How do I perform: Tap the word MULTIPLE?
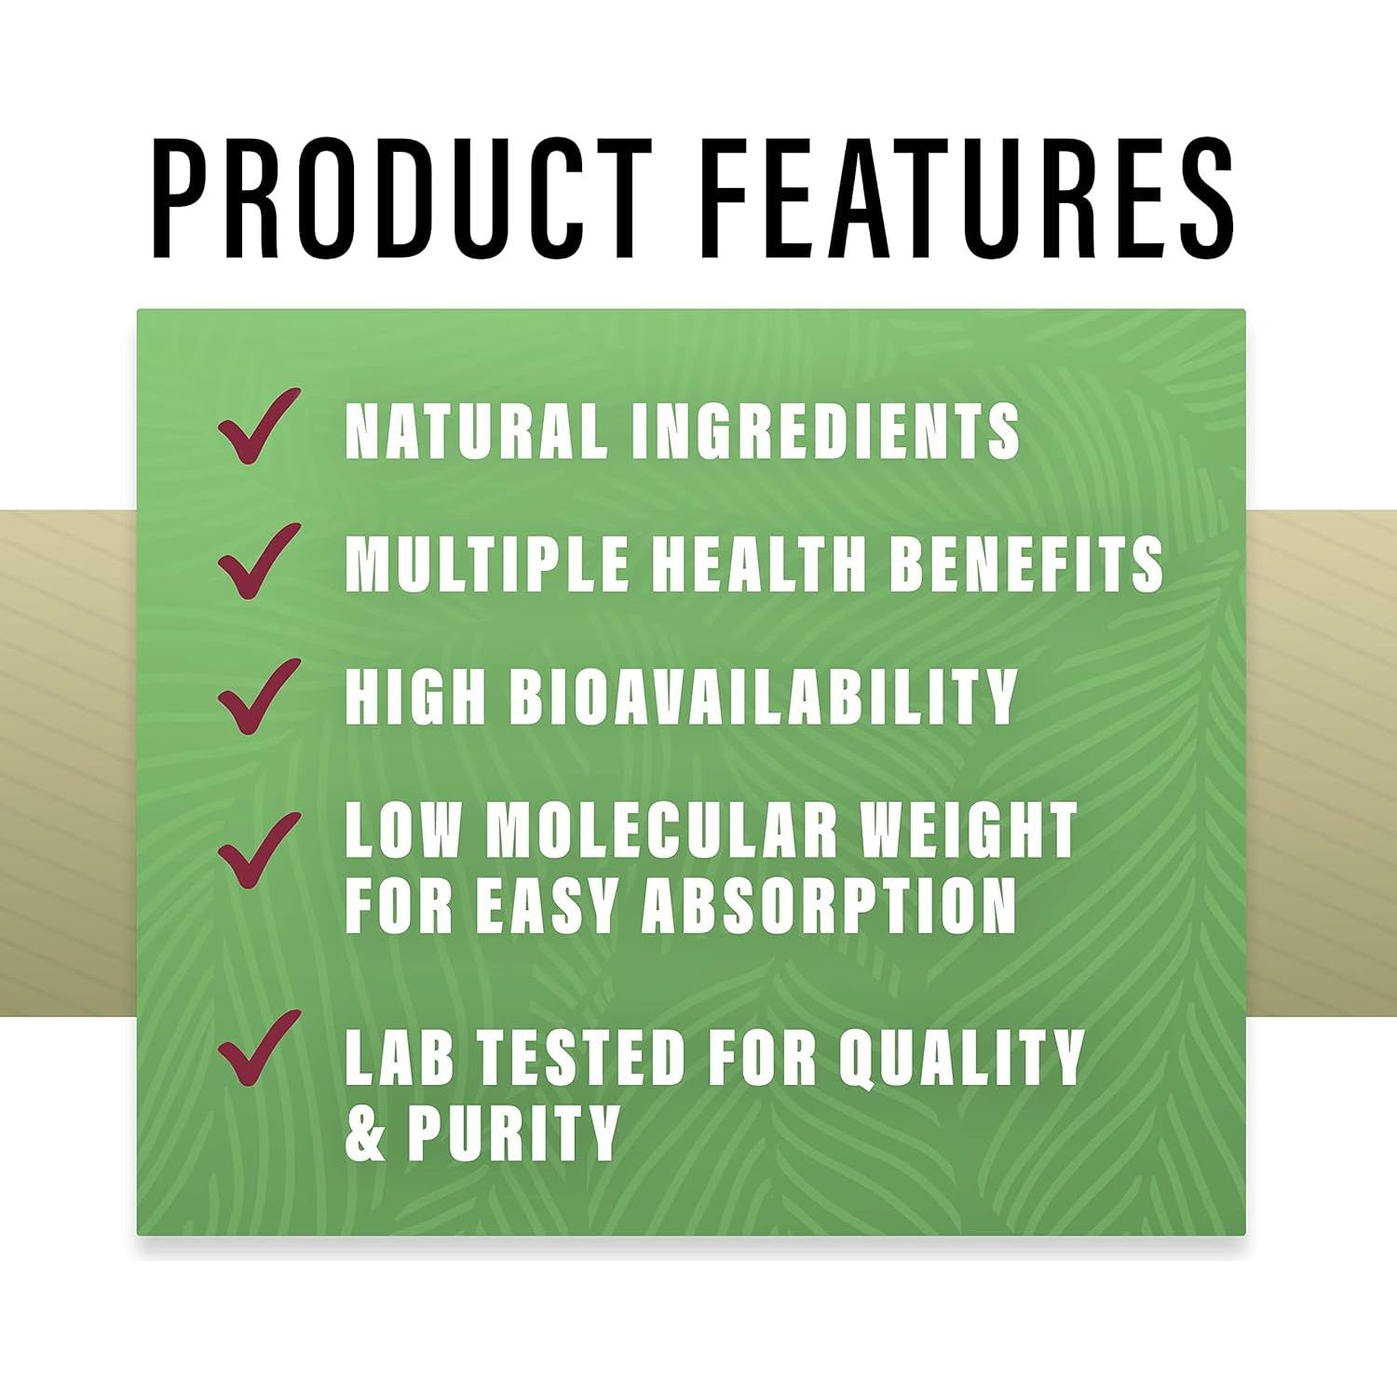[486, 563]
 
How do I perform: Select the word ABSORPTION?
[828, 904]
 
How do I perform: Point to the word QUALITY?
[961, 1057]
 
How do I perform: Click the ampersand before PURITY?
[365, 1133]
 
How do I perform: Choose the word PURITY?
[513, 1133]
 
